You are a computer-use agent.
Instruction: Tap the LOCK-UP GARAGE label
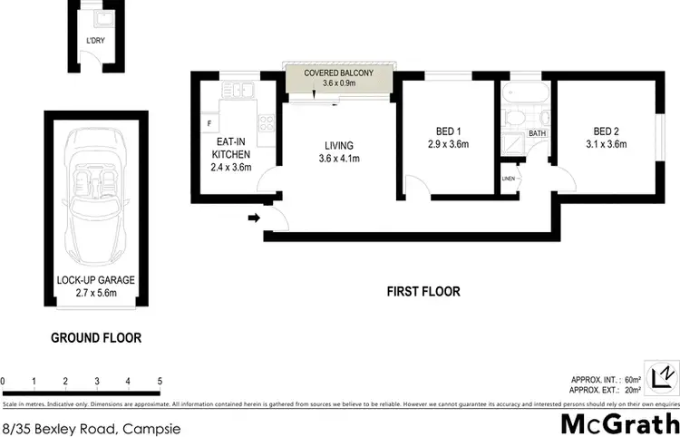(x=94, y=280)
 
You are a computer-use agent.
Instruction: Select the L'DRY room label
(x=94, y=42)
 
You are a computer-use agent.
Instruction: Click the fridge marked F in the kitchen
(x=210, y=121)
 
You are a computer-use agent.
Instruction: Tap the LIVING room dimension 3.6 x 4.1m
(x=339, y=160)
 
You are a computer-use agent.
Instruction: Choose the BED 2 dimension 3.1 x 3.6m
(x=607, y=143)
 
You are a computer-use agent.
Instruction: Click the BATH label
(x=538, y=134)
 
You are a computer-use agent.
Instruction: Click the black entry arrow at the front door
(x=255, y=218)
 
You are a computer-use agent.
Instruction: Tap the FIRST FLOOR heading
(x=423, y=292)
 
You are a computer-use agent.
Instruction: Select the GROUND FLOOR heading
(x=95, y=338)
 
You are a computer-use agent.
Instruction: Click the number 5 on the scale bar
(x=160, y=381)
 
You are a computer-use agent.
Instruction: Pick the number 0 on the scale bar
(x=4, y=381)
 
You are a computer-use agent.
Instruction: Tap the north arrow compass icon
(x=666, y=374)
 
